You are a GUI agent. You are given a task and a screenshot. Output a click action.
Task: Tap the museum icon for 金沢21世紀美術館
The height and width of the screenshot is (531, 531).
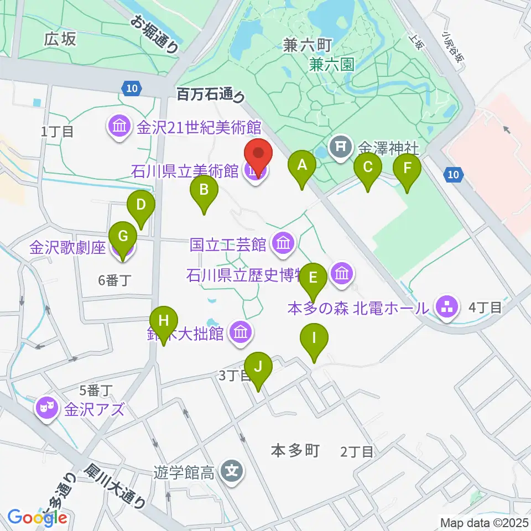click(119, 127)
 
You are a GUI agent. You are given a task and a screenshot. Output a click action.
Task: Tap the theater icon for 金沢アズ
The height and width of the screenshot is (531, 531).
click(46, 409)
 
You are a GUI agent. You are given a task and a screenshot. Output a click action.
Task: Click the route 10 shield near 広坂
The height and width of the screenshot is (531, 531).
click(131, 87)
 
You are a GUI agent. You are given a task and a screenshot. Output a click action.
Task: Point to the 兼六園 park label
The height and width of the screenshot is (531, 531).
click(331, 65)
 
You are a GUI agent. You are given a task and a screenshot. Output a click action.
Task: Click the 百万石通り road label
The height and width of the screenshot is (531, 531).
click(210, 95)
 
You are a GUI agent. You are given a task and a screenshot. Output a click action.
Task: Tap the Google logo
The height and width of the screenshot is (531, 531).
click(38, 517)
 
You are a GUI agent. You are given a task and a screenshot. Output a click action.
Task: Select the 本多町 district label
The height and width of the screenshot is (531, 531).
click(295, 451)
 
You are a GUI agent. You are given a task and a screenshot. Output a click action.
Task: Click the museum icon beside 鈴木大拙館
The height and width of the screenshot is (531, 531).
click(241, 333)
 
